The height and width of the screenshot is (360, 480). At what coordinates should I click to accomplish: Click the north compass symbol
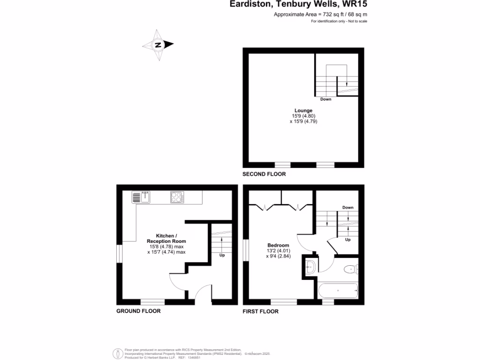(x=158, y=45)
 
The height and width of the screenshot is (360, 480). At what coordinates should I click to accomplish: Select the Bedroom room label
(x=278, y=245)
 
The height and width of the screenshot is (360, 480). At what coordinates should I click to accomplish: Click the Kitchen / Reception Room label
(x=166, y=238)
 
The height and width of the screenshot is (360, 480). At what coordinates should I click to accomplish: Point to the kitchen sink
(x=141, y=197)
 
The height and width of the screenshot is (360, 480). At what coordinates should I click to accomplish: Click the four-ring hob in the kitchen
(x=177, y=197)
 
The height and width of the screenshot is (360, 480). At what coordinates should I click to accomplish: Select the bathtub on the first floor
(x=337, y=291)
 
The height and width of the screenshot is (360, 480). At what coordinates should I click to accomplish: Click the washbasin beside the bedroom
(x=310, y=268)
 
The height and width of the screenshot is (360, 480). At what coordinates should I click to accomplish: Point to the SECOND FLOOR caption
(x=264, y=174)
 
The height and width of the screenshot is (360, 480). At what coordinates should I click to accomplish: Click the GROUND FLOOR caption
(x=138, y=311)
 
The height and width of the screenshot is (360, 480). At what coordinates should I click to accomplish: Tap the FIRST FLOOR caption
(x=260, y=311)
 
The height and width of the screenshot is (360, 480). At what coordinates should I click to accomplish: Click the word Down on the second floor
(x=326, y=99)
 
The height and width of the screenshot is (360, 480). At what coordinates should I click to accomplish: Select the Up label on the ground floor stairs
(x=222, y=255)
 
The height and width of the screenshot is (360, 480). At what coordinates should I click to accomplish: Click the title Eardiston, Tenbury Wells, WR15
(x=298, y=5)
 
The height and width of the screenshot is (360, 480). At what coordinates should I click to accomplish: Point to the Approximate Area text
(x=320, y=15)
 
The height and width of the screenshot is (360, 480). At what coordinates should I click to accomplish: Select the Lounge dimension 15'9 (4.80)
(x=300, y=116)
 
